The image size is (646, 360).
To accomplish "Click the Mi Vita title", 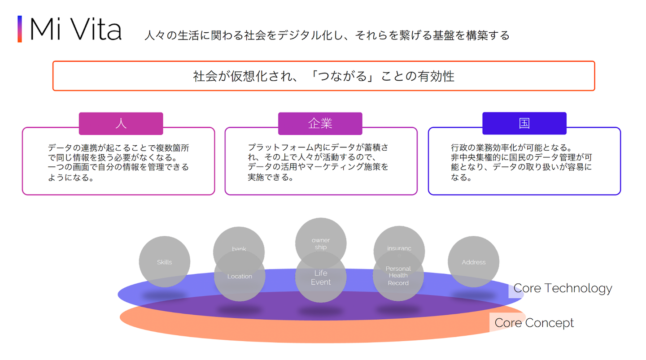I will [75, 30].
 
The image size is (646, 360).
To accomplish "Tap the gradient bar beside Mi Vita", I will [20, 29].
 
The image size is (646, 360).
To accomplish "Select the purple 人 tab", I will [121, 124].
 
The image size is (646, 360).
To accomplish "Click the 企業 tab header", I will [320, 124].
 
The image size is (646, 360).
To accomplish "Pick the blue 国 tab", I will [524, 124].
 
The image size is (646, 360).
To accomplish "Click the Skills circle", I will [164, 262].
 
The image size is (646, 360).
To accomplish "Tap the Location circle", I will [240, 277].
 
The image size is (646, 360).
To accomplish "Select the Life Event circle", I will [321, 278].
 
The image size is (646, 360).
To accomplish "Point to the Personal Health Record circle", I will [398, 276].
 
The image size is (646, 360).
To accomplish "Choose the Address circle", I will [473, 262].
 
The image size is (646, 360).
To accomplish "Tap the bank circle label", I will [239, 248].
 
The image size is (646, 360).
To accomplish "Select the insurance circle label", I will [399, 248].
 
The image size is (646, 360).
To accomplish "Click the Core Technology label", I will [563, 288].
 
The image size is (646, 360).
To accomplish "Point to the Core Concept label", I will [534, 323].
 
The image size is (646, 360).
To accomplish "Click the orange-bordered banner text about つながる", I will [323, 76].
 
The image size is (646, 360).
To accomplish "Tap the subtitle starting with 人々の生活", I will [327, 35].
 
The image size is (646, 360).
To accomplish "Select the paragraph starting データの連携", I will [118, 162].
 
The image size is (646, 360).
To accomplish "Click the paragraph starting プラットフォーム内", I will [318, 162].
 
